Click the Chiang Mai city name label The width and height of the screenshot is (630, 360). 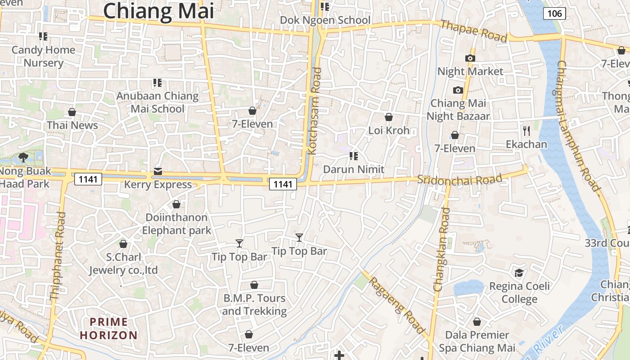158,11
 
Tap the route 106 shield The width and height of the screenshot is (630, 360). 554,13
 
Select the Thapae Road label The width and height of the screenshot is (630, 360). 473,31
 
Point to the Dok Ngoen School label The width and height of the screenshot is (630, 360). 325,20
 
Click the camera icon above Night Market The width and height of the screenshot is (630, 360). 470,58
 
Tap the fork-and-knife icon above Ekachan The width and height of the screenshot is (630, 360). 526,131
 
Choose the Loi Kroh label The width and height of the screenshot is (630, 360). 389,130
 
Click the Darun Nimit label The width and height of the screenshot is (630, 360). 354,169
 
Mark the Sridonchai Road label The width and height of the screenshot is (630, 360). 459,180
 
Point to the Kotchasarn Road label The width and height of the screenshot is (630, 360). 316,111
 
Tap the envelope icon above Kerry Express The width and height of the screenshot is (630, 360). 158,171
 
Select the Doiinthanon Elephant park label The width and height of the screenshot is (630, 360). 176,224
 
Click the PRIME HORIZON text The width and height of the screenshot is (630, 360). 108,328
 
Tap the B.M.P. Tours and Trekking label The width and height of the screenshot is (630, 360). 254,305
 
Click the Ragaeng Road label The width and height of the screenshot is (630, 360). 397,305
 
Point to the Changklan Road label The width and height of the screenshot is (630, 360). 441,249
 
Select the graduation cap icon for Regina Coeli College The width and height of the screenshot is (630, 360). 519,273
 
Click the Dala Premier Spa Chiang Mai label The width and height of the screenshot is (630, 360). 477,342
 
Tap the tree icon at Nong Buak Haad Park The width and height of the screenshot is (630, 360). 23,157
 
